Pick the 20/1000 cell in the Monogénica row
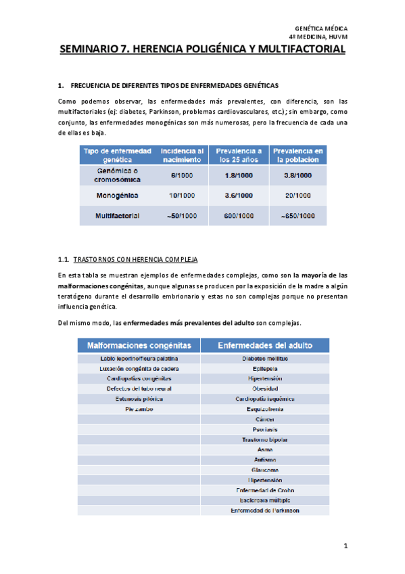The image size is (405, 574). (x=297, y=196)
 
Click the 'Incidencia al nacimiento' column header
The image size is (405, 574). (x=182, y=154)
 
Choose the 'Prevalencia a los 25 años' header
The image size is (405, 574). (x=240, y=154)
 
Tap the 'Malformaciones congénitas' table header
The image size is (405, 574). (x=139, y=345)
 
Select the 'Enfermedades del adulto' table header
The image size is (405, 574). (x=264, y=345)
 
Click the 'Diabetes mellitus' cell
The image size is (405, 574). (x=264, y=358)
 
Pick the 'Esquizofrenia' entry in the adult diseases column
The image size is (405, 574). (x=264, y=409)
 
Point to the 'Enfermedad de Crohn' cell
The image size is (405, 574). (x=264, y=490)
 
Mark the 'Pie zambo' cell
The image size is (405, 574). (x=139, y=409)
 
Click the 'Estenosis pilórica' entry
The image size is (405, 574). (x=139, y=399)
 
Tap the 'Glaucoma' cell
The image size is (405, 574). (x=264, y=470)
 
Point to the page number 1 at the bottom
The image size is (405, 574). (x=345, y=546)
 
